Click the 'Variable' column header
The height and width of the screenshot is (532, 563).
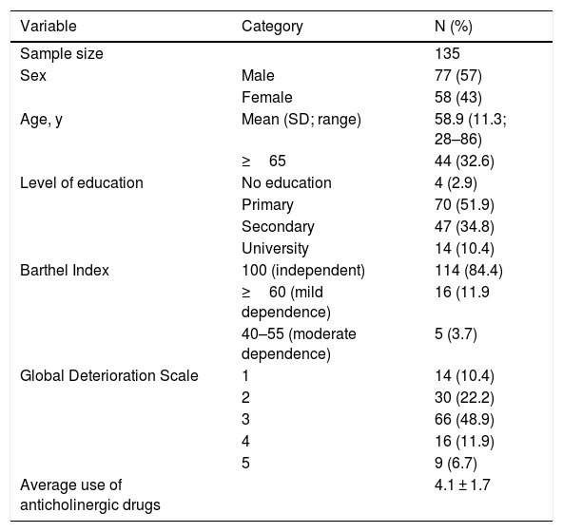(49, 27)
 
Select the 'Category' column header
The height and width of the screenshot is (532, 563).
(272, 27)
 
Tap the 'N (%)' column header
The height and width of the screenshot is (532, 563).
(453, 27)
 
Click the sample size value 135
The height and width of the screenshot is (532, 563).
(447, 54)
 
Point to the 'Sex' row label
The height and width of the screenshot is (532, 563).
(33, 76)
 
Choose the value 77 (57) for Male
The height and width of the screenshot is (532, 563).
(457, 76)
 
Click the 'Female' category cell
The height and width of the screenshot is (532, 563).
(267, 98)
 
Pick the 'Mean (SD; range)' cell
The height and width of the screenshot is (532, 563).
(301, 120)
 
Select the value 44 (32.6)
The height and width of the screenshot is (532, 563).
(464, 161)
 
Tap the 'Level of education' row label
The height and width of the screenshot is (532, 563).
(82, 183)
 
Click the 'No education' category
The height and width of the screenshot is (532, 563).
(286, 183)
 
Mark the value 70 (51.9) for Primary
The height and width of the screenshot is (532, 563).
(464, 205)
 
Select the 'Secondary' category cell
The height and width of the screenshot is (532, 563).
(278, 227)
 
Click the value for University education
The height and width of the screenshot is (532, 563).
(464, 249)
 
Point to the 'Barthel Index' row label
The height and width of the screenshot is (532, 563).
(65, 271)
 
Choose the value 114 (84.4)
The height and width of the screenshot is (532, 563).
(468, 271)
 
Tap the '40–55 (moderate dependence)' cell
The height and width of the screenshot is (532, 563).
(299, 344)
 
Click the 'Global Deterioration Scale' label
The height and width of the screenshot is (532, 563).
(109, 376)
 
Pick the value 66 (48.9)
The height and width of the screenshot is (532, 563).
(464, 419)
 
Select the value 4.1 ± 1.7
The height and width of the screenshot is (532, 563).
(462, 485)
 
